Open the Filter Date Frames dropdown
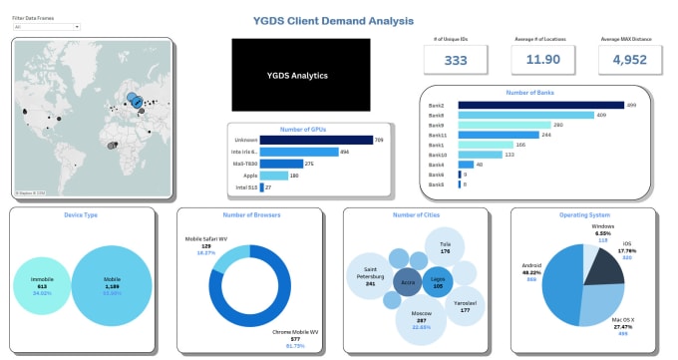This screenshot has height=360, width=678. pyautogui.click(x=45, y=27)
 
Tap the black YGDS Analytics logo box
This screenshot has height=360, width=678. pyautogui.click(x=301, y=75)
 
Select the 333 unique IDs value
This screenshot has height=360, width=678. pyautogui.click(x=456, y=60)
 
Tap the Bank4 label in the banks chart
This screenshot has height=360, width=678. pyautogui.click(x=437, y=165)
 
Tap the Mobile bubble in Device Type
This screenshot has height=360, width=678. pyautogui.click(x=112, y=286)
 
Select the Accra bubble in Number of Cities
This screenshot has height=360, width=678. pyautogui.click(x=408, y=282)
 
